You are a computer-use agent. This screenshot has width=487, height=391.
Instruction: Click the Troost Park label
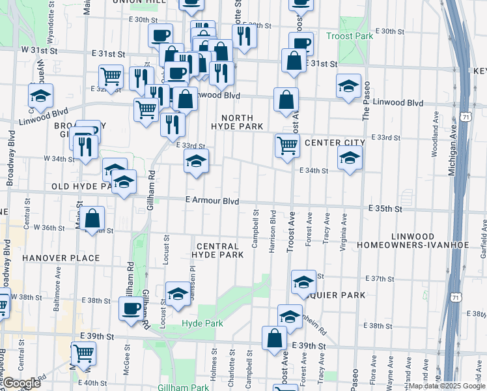350,36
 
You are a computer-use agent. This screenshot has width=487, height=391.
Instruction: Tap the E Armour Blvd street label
212,201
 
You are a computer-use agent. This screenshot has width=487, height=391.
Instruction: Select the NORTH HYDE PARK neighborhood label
237,122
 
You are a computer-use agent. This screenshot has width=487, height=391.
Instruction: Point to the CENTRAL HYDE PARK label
220,250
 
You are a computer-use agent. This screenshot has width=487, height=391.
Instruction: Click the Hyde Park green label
202,323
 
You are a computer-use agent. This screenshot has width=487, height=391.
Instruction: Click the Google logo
21,383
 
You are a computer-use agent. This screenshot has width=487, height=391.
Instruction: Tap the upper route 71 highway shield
464,117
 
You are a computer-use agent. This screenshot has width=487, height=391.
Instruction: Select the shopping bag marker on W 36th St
93,219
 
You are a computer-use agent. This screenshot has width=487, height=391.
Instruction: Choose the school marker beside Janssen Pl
178,293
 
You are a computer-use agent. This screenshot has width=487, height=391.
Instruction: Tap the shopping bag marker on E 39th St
275,338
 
